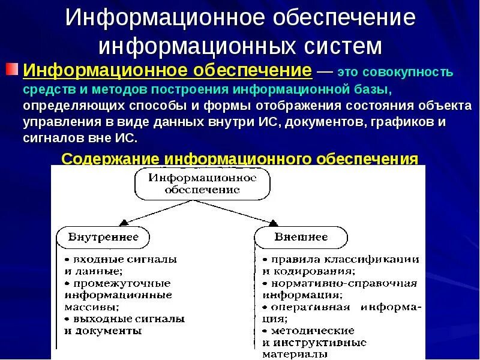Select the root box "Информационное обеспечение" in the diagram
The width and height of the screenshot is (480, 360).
pyautogui.click(x=202, y=184)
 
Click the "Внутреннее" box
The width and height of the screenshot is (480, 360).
pyautogui.click(x=104, y=237)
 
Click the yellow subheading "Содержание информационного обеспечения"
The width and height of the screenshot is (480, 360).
pyautogui.click(x=240, y=159)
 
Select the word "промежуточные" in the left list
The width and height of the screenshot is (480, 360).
pyautogui.click(x=122, y=283)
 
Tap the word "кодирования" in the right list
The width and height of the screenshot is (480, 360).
pyautogui.click(x=307, y=271)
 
